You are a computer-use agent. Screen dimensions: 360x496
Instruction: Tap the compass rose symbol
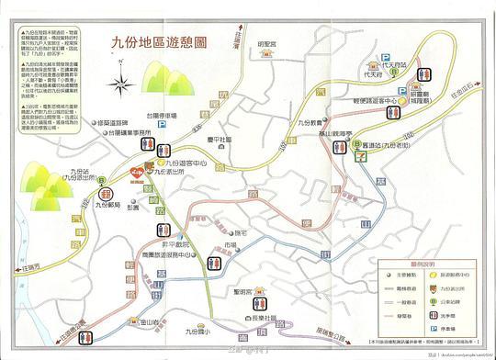coord(119,86)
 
